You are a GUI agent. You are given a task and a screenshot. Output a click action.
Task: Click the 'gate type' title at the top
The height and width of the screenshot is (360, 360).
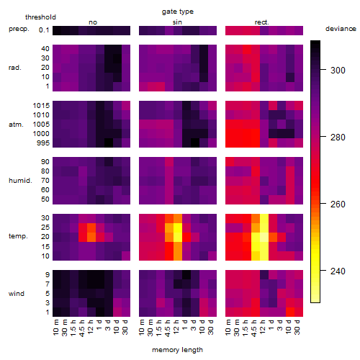178,12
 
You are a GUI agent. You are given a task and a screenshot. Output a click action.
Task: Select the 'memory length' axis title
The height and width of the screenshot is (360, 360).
177,350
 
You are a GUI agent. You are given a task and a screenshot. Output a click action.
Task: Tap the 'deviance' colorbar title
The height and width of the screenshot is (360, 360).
341,29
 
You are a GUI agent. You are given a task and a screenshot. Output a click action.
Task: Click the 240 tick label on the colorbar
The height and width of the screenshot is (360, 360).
338,271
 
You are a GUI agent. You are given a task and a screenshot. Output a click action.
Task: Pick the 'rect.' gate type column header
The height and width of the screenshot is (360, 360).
261,22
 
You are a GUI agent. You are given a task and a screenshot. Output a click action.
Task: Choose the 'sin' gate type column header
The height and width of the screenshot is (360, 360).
177,22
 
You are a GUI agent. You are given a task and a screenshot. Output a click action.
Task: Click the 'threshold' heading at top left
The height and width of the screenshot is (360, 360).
40,17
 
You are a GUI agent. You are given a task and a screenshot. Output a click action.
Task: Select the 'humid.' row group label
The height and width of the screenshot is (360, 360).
20,181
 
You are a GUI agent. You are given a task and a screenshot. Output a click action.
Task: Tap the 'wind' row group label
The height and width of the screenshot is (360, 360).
17,294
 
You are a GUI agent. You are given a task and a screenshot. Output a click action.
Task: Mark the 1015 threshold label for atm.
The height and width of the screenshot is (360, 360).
41,106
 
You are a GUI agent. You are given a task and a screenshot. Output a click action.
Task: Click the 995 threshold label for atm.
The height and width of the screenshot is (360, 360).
43,143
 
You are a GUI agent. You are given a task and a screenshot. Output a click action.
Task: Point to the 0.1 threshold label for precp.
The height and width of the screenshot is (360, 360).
44,30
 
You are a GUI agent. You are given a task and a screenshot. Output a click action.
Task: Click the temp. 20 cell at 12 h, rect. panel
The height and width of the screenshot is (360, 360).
264,237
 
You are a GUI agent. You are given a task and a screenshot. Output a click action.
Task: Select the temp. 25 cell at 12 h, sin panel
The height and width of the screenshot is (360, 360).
178,228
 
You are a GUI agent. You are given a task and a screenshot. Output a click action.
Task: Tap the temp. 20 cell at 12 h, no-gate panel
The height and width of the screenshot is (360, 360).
91,237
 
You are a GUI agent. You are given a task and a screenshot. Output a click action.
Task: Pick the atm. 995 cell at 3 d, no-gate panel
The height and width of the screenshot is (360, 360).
109,143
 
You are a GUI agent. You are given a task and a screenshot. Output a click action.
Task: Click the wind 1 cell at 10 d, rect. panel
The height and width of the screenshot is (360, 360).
290,312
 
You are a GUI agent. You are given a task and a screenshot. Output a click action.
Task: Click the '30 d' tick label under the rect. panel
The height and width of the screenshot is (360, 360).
297,327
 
